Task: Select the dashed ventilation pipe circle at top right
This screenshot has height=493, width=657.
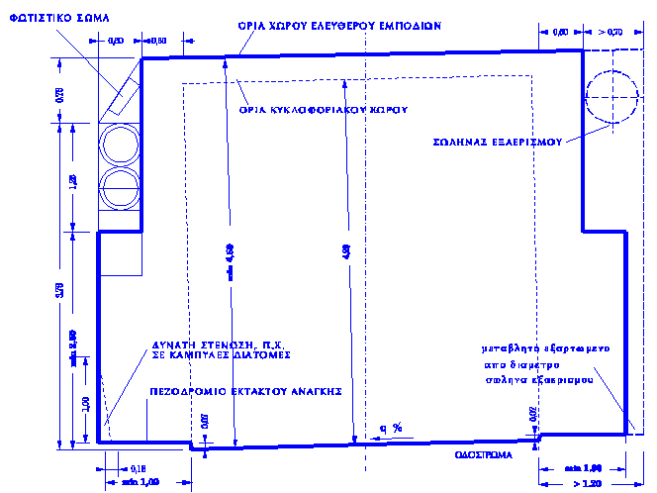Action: click(x=611, y=95)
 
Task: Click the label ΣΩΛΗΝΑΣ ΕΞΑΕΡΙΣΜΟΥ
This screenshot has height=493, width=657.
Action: click(x=498, y=142)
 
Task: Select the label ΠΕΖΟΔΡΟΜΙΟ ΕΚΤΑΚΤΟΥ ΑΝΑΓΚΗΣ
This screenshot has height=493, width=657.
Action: click(x=245, y=391)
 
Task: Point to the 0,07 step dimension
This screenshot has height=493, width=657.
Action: click(x=205, y=421)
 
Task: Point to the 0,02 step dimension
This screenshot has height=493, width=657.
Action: click(x=535, y=415)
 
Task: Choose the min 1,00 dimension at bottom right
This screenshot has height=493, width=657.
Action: click(x=584, y=467)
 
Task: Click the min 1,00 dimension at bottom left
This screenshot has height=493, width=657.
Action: click(x=139, y=482)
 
